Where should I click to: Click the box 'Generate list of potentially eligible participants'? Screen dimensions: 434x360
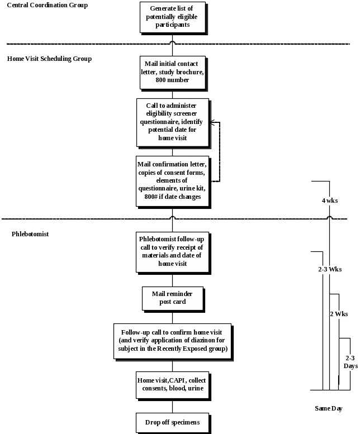(x=172, y=17)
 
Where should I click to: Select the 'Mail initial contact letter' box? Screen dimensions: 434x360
(x=172, y=72)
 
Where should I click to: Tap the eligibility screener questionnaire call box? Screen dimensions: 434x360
(x=172, y=122)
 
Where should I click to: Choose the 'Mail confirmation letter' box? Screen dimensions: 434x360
(x=172, y=181)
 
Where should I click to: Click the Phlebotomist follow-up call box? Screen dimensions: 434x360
(x=172, y=252)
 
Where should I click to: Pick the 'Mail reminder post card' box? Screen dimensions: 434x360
(x=172, y=298)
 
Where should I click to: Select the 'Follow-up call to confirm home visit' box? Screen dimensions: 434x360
(x=172, y=341)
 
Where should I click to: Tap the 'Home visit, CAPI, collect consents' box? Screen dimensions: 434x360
(x=172, y=385)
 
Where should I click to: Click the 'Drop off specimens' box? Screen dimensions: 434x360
(x=172, y=423)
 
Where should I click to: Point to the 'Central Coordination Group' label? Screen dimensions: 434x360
(x=48, y=5)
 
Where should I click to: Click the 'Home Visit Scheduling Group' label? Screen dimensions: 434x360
(x=49, y=59)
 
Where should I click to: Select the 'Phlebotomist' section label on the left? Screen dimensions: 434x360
(x=30, y=234)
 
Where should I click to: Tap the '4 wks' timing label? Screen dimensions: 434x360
(x=329, y=201)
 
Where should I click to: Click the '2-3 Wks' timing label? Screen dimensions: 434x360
(x=329, y=269)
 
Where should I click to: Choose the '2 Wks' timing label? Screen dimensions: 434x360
(x=339, y=314)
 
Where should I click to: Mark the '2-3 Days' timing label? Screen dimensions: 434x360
(x=350, y=362)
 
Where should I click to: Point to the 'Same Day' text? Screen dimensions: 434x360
(x=328, y=409)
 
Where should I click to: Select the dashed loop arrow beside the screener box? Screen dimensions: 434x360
(x=219, y=151)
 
